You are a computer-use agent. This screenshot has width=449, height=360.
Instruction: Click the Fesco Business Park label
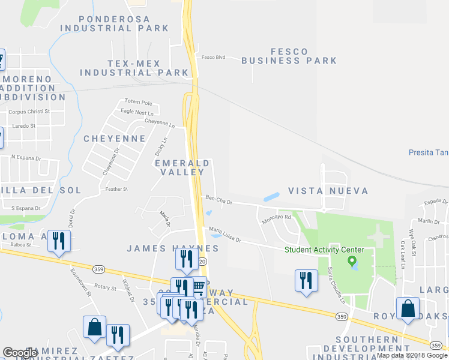289,56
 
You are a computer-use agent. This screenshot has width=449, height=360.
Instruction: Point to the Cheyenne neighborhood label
114,139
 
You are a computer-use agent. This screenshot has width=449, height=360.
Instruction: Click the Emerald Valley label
182,167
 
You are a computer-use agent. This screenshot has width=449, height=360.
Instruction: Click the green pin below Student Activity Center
352,262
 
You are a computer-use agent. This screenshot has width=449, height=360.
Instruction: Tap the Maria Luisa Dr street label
224,233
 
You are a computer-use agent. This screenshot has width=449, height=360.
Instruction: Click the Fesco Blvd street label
213,58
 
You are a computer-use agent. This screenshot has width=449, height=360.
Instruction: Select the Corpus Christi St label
28,112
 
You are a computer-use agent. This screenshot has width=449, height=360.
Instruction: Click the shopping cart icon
198,289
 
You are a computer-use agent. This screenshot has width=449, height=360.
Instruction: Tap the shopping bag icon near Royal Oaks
408,309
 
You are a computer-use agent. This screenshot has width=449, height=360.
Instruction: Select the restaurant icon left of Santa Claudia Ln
306,280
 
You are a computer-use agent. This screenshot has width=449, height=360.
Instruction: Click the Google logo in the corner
20,353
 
